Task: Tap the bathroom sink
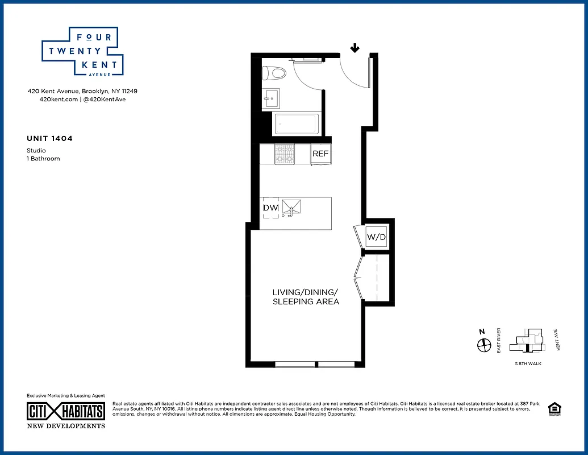pos(272,98)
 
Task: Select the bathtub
pos(296,124)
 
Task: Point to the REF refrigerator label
pos(320,154)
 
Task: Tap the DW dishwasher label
pos(270,208)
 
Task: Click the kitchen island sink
pos(291,208)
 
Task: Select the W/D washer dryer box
pos(375,236)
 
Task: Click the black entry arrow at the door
pos(355,48)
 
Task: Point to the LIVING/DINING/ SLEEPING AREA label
pos(306,297)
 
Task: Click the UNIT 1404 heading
pos(50,138)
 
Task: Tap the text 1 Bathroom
pos(43,159)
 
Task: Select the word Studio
pos(36,151)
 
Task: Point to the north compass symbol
pos(483,345)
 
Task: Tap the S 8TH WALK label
pos(528,363)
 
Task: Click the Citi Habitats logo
pos(66,412)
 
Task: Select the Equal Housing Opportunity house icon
pos(553,408)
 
